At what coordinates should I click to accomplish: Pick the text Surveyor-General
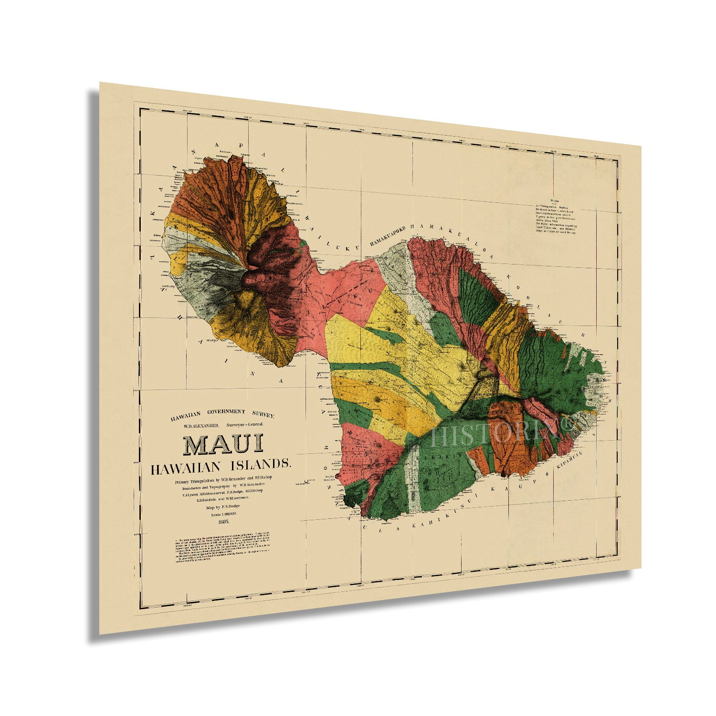[x=245, y=424]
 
